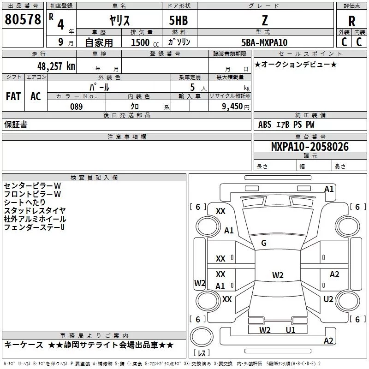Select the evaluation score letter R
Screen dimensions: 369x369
coord(351,21)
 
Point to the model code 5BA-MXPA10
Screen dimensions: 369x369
coord(264,42)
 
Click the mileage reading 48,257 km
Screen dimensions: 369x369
coord(54,66)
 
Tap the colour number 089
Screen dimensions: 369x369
coord(76,107)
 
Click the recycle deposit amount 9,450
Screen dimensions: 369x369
coord(230,107)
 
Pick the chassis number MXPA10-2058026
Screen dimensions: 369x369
coord(309,147)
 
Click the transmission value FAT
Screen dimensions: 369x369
coord(13,96)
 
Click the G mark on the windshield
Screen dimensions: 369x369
coord(264,243)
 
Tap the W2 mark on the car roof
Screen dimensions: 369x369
coord(278,275)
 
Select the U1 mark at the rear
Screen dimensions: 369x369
coord(291,330)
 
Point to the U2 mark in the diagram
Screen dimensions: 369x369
coord(328,299)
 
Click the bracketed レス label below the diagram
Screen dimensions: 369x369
coord(202,353)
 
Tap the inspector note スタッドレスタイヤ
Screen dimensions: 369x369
coord(35,211)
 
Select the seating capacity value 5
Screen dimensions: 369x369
coord(192,88)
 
